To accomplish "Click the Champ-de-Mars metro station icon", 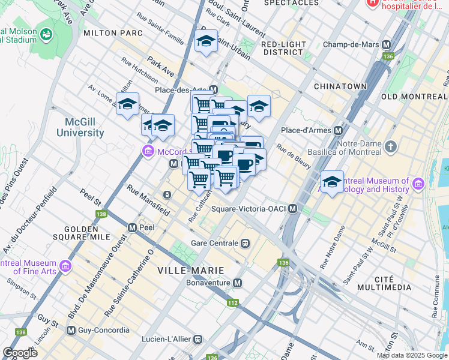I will click(x=386, y=44).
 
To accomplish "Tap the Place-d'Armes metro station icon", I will click(x=339, y=130).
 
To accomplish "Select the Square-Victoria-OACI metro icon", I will click(x=293, y=209).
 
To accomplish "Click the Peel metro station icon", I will click(x=132, y=228).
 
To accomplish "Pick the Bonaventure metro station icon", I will click(x=238, y=283).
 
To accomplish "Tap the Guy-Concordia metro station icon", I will click(x=71, y=330).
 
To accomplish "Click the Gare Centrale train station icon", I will click(x=245, y=243).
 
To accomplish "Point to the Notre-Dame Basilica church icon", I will click(x=391, y=146).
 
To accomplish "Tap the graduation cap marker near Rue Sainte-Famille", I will click(x=206, y=41).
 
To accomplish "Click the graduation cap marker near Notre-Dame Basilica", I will click(x=332, y=181).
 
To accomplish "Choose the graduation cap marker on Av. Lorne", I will click(x=127, y=104).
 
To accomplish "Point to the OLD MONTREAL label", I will click(x=414, y=97).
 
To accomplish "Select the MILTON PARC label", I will click(x=113, y=32).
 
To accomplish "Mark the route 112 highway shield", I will click(x=232, y=302).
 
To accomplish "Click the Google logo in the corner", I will click(x=20, y=353).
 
